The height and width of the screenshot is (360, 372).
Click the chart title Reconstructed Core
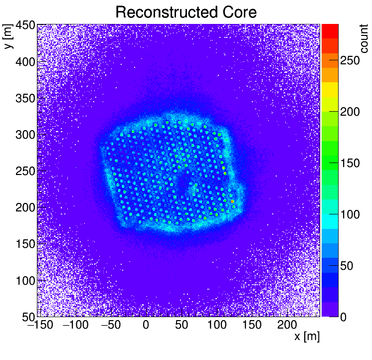186,12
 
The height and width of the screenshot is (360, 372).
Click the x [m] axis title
306,337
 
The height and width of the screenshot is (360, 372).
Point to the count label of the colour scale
364,37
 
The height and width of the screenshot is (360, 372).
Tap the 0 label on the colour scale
344,317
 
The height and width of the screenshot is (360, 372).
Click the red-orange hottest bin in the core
232,201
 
